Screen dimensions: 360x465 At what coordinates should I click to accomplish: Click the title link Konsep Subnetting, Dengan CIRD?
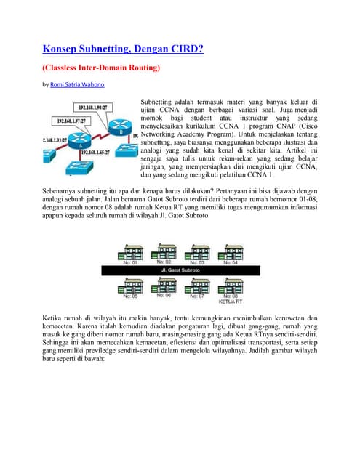pyautogui.click(x=121, y=49)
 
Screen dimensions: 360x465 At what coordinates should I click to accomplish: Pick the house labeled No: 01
pyautogui.click(x=129, y=251)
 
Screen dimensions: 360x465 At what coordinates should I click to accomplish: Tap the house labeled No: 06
pyautogui.click(x=164, y=285)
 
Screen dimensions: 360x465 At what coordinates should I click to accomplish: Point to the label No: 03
pyautogui.click(x=196, y=262)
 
